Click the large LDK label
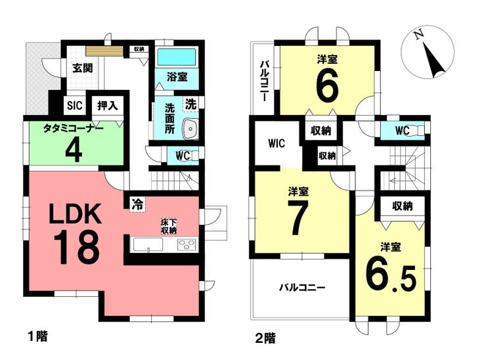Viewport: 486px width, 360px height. (76, 214)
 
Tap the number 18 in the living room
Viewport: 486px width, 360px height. (77, 248)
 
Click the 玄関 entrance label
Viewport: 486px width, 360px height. (83, 68)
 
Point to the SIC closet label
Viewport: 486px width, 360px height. (75, 105)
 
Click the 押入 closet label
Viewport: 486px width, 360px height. (107, 105)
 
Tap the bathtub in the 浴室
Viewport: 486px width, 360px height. (177, 56)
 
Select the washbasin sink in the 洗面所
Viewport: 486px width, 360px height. (190, 128)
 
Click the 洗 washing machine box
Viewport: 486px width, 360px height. (191, 104)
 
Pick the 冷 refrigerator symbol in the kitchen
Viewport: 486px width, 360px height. (137, 204)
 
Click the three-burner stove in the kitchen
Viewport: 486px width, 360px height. (187, 244)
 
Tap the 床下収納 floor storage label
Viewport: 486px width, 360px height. (169, 227)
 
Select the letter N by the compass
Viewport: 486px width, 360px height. (420, 35)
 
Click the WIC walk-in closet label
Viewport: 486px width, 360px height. (276, 144)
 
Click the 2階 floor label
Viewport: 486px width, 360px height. (265, 338)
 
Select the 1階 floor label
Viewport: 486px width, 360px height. (38, 336)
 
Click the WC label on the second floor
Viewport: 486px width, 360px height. (402, 131)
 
